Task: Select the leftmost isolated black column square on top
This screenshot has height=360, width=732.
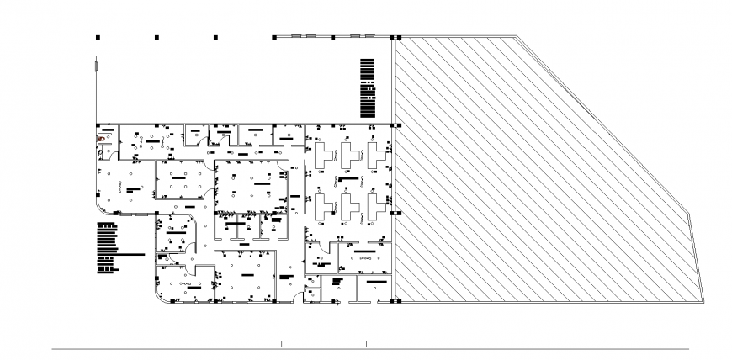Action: coord(98,37)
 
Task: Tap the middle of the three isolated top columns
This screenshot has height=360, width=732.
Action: coord(156,37)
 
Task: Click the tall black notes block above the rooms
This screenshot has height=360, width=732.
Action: coord(366,87)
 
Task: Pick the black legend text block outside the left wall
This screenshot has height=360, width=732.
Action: coord(107,248)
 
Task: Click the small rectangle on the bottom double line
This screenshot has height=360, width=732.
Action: coord(323,343)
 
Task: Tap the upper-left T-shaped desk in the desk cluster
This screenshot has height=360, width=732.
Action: coord(321,155)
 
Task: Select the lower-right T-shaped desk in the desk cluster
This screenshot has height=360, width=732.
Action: coord(373,207)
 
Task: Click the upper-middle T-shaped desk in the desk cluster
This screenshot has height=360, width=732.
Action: coord(347,155)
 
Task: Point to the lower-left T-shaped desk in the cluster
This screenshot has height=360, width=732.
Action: coord(321,207)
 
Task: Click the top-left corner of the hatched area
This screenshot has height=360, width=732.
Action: coord(396,38)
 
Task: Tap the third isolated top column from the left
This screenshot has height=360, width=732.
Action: coord(216,37)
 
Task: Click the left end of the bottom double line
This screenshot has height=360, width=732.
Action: coord(53,347)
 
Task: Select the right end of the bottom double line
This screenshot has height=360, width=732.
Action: coord(688,347)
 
